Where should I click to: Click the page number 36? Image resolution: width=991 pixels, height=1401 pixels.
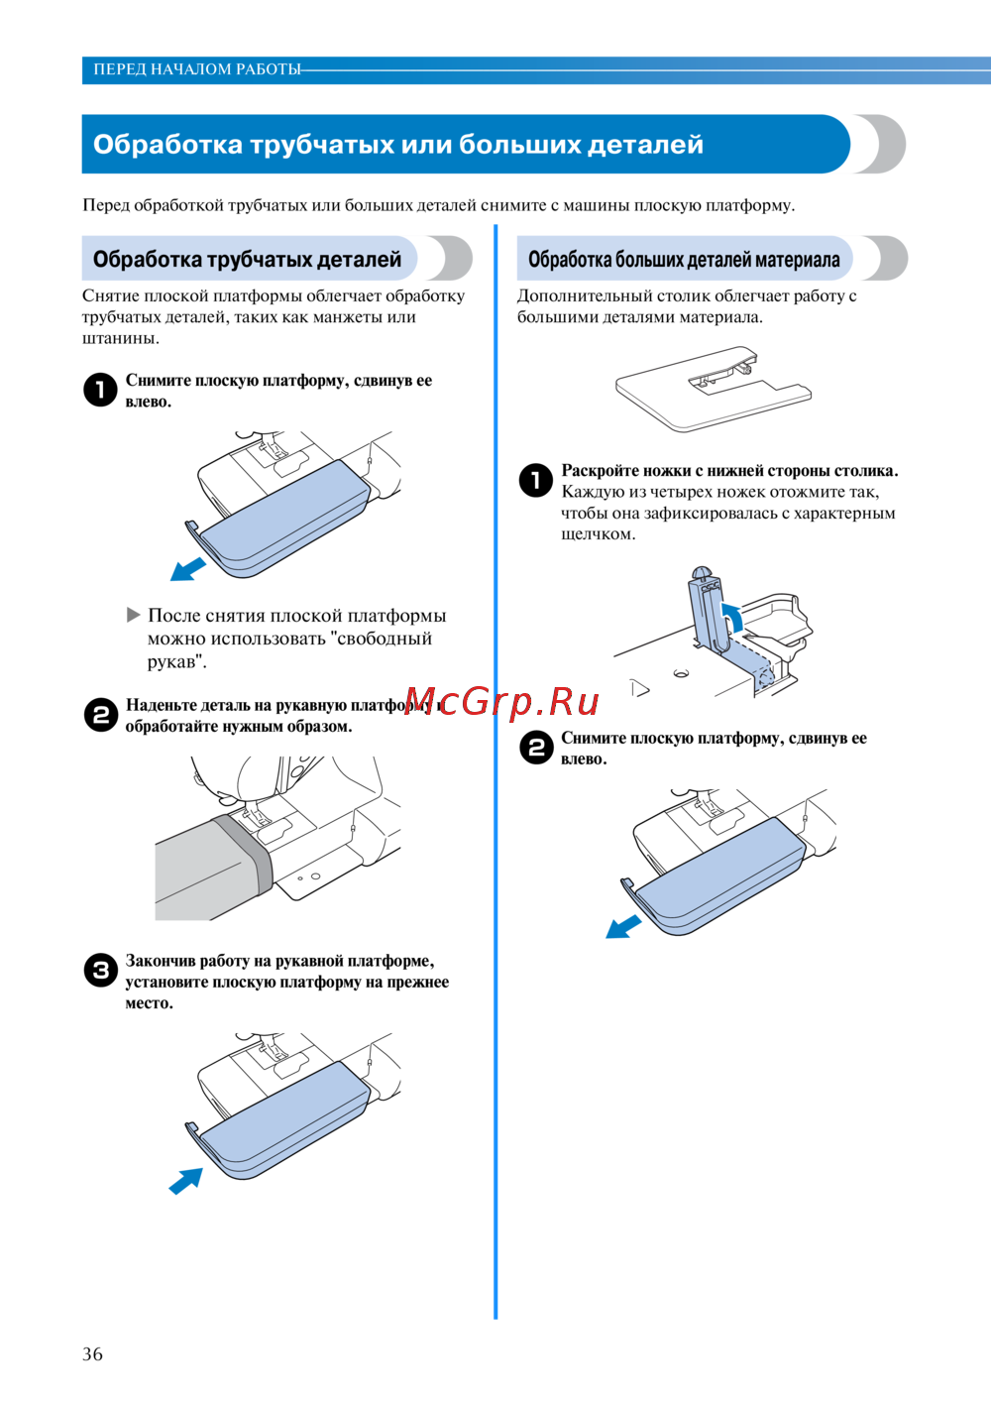[x=92, y=1354]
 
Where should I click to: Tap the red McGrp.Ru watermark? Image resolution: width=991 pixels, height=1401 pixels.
[x=502, y=702]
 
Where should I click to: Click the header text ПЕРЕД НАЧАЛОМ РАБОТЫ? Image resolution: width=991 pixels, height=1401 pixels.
[x=197, y=69]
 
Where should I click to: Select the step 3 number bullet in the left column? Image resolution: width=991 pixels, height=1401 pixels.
[x=100, y=971]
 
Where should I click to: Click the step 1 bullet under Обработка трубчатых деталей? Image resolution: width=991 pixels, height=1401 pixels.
[x=100, y=391]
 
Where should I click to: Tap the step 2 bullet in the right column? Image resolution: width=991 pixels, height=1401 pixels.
[x=536, y=748]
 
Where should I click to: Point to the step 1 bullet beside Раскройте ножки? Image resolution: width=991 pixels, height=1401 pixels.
[x=536, y=480]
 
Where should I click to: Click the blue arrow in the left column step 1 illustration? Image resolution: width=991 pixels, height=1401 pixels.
[x=188, y=569]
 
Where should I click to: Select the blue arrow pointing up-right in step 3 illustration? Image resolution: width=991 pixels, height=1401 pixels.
[x=186, y=1181]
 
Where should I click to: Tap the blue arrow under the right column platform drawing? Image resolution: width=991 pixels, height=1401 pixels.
[x=623, y=927]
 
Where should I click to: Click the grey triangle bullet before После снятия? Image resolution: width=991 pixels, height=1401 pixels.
[x=133, y=616]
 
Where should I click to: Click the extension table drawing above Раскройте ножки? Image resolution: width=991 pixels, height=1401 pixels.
[x=714, y=389]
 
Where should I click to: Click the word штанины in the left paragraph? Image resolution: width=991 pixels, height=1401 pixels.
[x=121, y=339]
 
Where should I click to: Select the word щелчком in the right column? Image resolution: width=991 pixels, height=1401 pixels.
[x=599, y=534]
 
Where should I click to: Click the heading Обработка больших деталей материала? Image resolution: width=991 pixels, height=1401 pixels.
[x=684, y=259]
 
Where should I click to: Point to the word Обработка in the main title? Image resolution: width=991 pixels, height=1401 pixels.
[x=167, y=145]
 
